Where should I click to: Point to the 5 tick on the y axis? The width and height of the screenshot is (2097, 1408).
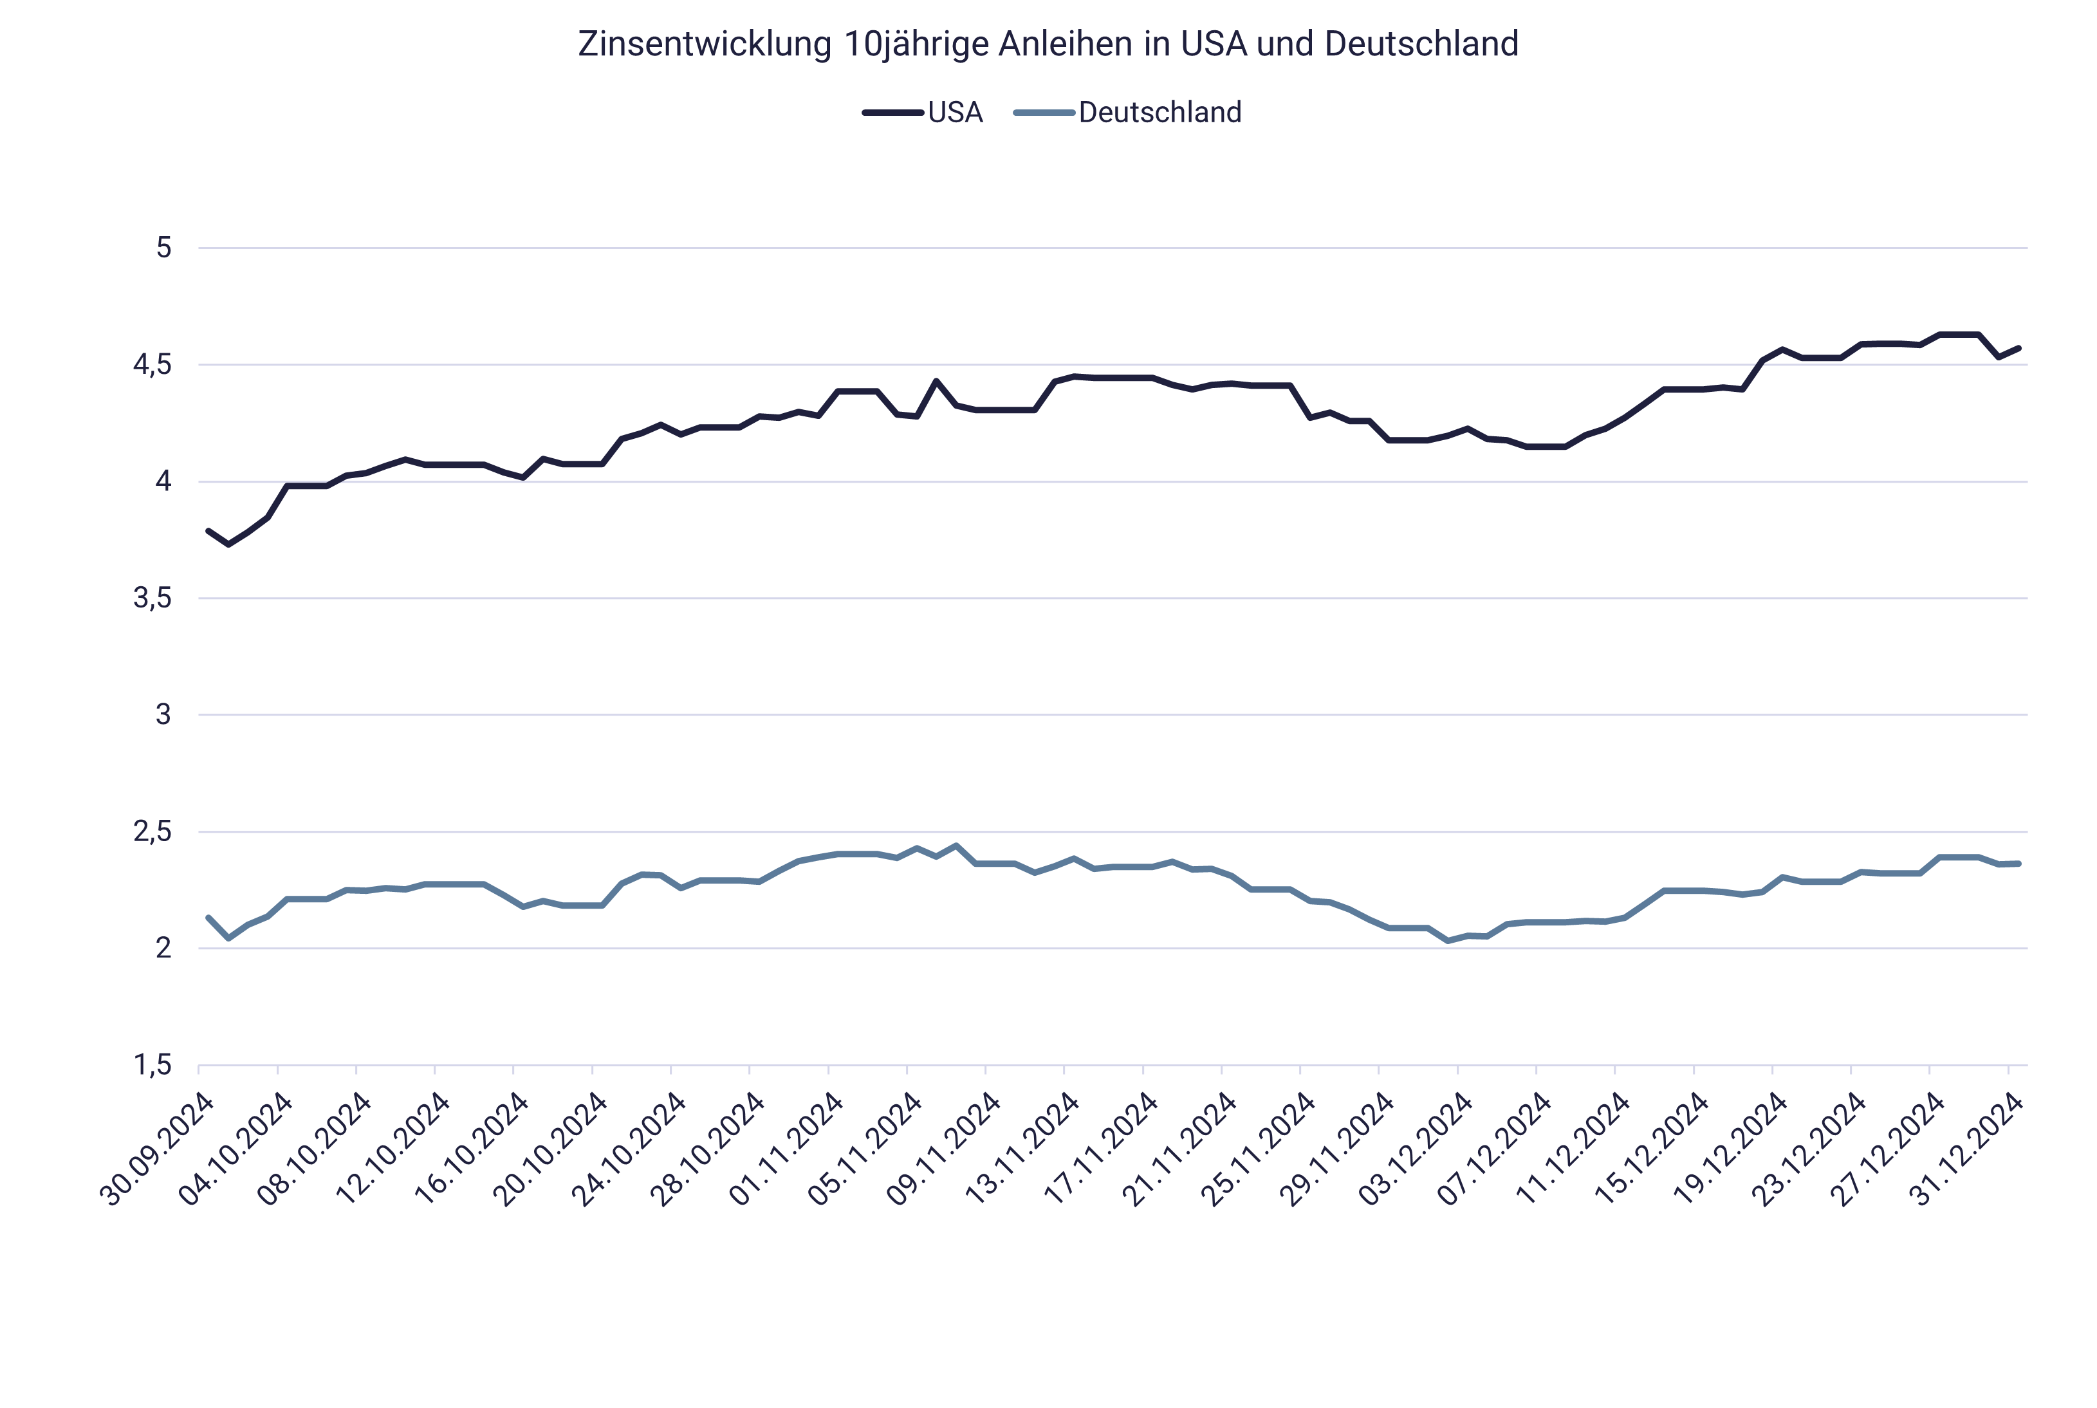click(163, 248)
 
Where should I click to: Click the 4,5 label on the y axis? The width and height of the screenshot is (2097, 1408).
click(152, 366)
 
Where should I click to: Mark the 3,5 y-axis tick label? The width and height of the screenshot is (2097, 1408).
click(152, 599)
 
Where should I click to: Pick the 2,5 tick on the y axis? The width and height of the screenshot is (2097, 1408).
click(152, 833)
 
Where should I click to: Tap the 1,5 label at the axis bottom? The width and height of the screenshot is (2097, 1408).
click(152, 1066)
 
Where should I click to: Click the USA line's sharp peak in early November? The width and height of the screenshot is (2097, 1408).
click(936, 381)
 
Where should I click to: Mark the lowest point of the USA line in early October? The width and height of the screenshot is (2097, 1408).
click(229, 544)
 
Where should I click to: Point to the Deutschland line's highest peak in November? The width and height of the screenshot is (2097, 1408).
click(956, 845)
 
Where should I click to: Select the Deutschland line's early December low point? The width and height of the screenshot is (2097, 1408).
click(1448, 940)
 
